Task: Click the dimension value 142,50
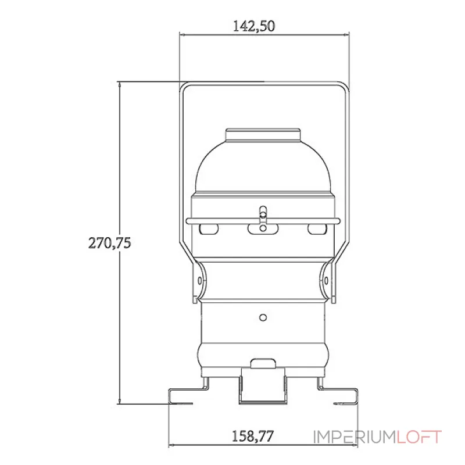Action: [x=254, y=26]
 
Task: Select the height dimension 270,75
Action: [x=109, y=243]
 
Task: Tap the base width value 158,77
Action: [x=252, y=437]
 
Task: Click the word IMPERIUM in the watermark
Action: [x=355, y=437]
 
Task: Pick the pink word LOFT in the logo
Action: [x=419, y=437]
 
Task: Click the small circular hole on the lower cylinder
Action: [x=263, y=317]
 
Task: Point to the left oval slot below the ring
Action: [x=209, y=229]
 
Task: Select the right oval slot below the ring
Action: [x=317, y=229]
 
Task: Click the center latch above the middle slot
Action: [x=263, y=215]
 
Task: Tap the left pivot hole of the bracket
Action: [x=199, y=281]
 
